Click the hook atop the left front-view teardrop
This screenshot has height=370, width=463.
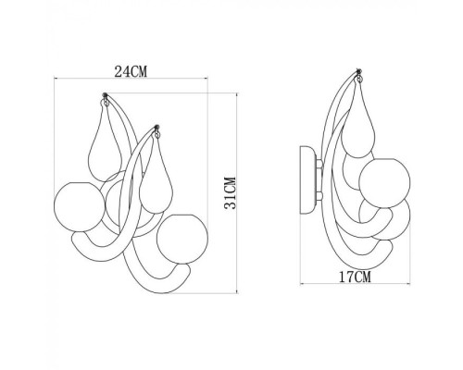(x=109, y=100)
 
